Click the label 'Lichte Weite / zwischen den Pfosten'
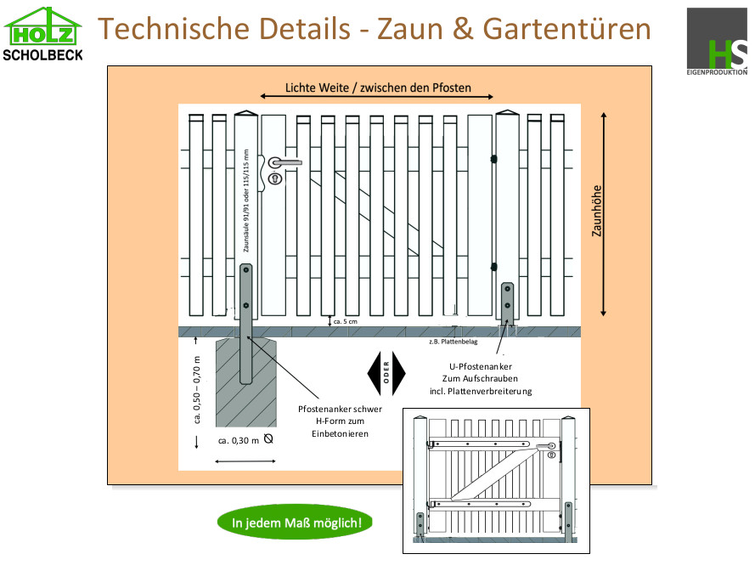click(x=378, y=87)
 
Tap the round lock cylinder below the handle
click(x=275, y=178)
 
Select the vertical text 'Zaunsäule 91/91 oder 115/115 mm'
click(x=246, y=203)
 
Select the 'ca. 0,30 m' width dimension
click(x=239, y=440)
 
